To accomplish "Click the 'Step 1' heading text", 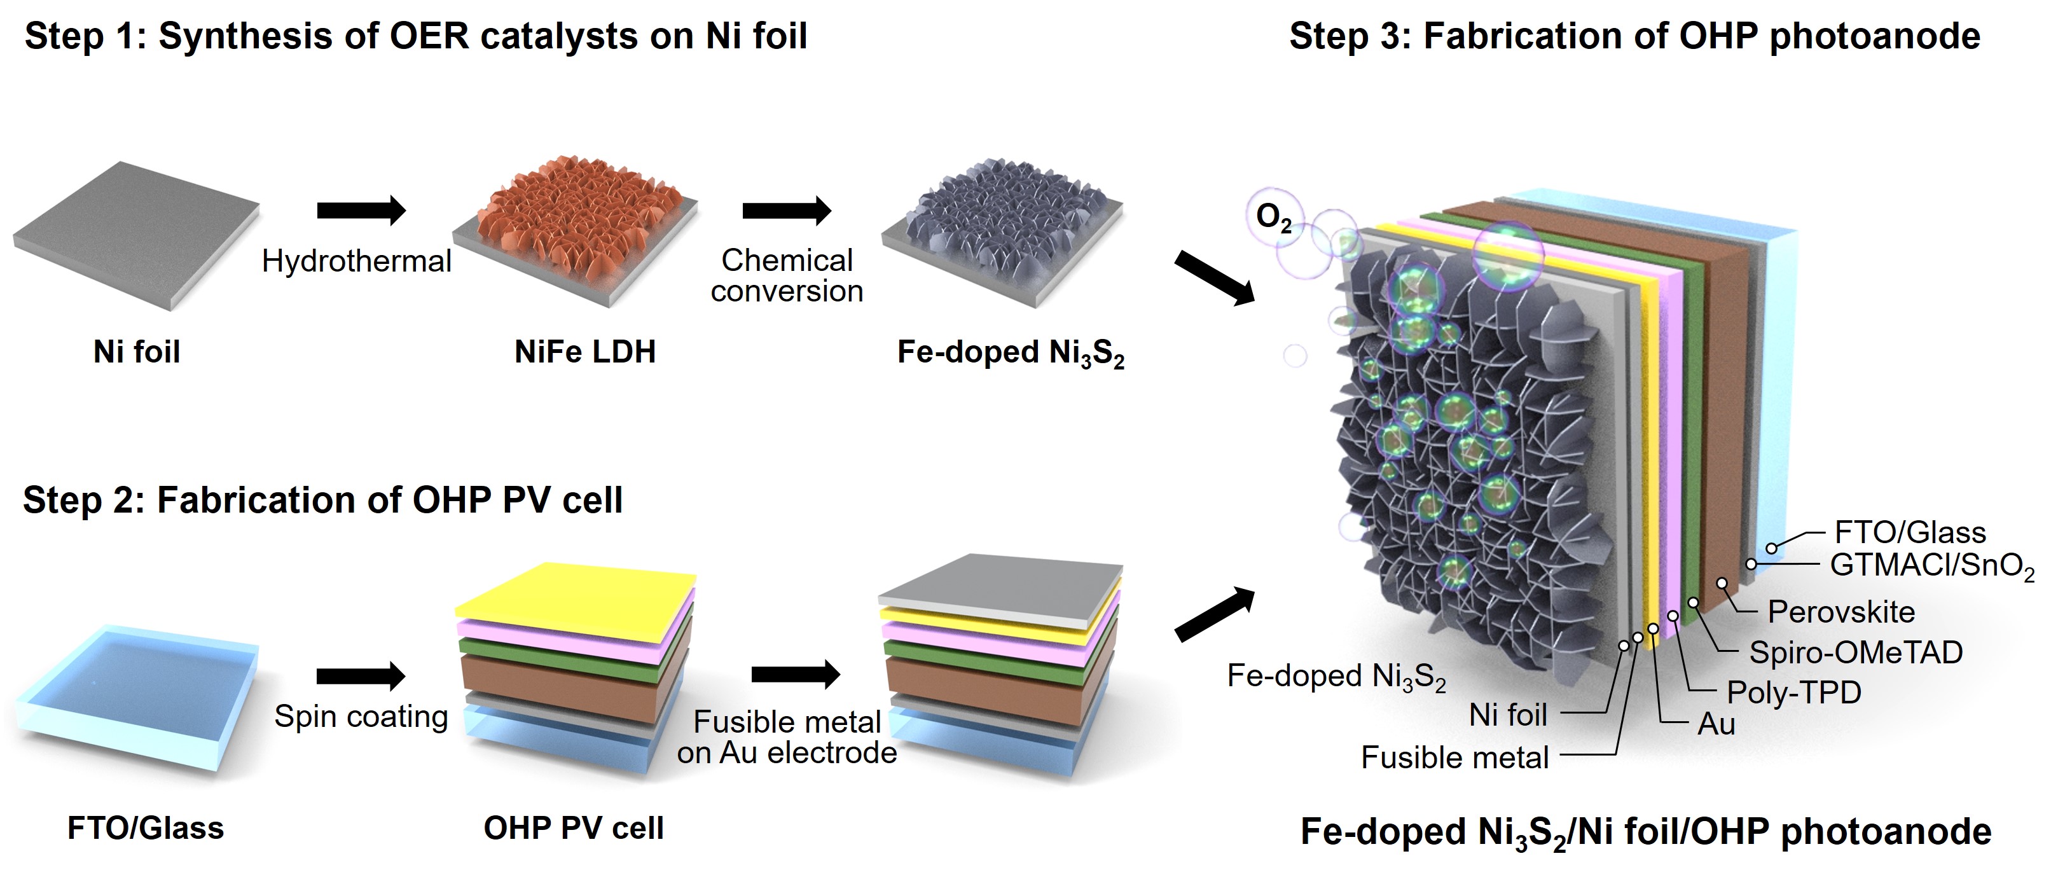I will pos(415,37).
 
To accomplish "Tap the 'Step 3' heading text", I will pos(1634,37).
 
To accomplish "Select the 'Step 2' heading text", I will pos(322,501).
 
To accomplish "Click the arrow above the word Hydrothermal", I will pos(361,210).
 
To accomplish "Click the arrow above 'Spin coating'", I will pos(361,676).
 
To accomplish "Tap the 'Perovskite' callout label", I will pos(1841,612).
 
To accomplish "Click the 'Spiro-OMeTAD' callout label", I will pos(1856,653).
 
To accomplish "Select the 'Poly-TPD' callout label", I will pos(1794,692).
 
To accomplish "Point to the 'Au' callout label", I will pos(1716,724).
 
